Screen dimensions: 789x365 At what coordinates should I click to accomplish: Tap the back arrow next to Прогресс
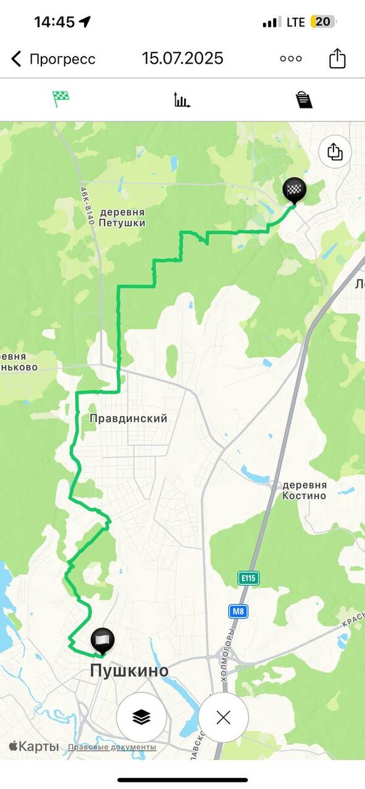pos(16,59)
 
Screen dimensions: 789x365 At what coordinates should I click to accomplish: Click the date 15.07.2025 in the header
pos(183,59)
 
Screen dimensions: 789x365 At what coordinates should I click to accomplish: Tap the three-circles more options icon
pos(291,59)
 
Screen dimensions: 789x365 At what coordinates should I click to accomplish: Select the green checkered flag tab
pos(61,99)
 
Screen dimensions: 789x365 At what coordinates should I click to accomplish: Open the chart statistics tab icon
pos(182,100)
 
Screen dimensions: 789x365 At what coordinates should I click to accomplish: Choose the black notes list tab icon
pos(303,100)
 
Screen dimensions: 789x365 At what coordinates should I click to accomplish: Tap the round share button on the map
pos(335,152)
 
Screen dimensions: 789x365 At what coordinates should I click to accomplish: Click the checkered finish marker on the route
pos(294,190)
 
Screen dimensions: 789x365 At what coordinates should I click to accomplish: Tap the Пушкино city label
pos(129,671)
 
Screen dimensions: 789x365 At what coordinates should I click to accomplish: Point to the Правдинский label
pos(128,418)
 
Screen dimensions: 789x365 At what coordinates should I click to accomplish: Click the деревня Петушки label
pos(122,218)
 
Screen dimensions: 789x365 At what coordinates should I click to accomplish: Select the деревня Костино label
pos(304,490)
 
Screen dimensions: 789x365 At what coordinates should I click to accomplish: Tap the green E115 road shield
pos(249,578)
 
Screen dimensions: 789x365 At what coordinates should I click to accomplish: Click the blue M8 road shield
pos(238,611)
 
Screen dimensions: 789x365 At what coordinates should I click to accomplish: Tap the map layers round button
pos(141,717)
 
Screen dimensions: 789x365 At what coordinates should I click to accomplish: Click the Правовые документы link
pos(112,747)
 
